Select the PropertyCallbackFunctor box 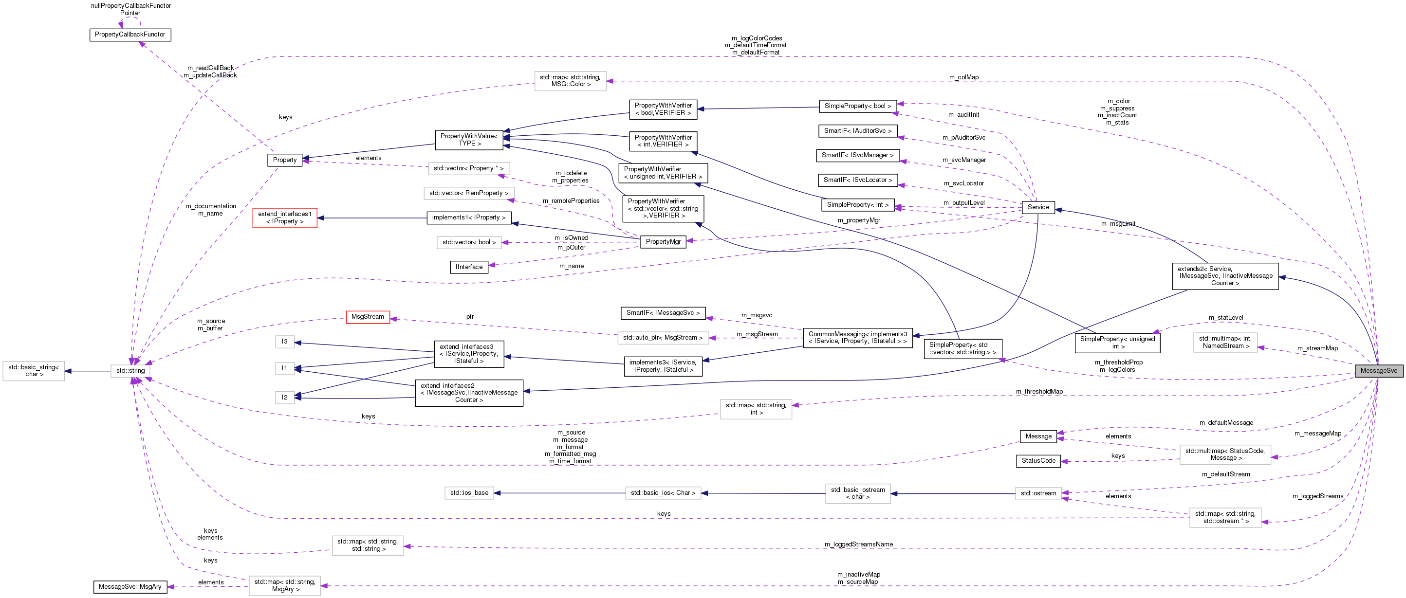pyautogui.click(x=130, y=35)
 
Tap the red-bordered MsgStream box pyautogui.click(x=368, y=317)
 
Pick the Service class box pyautogui.click(x=1037, y=207)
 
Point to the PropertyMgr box pyautogui.click(x=663, y=242)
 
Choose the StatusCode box pyautogui.click(x=1038, y=461)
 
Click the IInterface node pyautogui.click(x=469, y=267)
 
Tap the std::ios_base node pyautogui.click(x=469, y=493)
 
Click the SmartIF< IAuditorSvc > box pyautogui.click(x=857, y=131)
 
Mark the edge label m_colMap pyautogui.click(x=963, y=77)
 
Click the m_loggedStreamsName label pyautogui.click(x=859, y=544)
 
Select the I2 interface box pyautogui.click(x=284, y=398)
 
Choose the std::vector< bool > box pyautogui.click(x=469, y=242)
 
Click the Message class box pyautogui.click(x=1038, y=436)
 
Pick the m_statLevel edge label pyautogui.click(x=1225, y=318)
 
